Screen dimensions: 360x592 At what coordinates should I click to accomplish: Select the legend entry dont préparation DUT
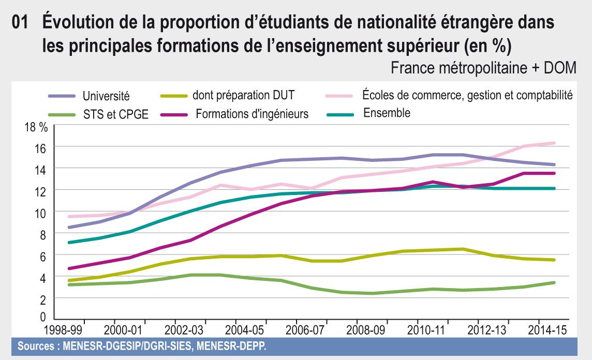(243, 95)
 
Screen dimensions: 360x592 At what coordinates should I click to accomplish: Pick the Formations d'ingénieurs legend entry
(251, 114)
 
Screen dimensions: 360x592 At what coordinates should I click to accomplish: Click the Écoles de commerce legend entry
(464, 95)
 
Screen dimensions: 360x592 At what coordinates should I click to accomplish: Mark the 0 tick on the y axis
(43, 316)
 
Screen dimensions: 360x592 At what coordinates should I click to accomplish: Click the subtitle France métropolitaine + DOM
(483, 69)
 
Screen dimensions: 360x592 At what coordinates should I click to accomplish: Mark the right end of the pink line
(554, 143)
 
